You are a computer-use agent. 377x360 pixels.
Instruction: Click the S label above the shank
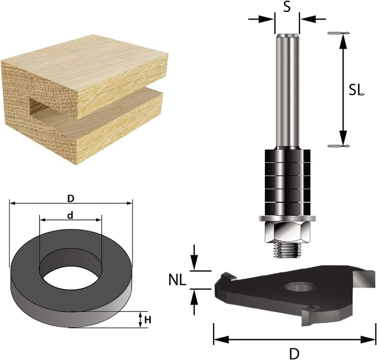[286, 7]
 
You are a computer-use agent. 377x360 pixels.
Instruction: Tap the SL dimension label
[356, 90]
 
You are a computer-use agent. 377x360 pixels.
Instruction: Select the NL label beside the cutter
[178, 280]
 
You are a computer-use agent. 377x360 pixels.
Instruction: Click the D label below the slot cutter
[294, 354]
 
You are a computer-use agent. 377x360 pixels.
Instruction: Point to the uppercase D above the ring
[71, 199]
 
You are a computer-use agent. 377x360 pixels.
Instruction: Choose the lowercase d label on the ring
[70, 215]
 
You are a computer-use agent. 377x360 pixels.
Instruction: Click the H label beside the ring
[148, 320]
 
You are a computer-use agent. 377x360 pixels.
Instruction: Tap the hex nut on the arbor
[287, 232]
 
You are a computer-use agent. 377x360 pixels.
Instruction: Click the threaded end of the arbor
[287, 250]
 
